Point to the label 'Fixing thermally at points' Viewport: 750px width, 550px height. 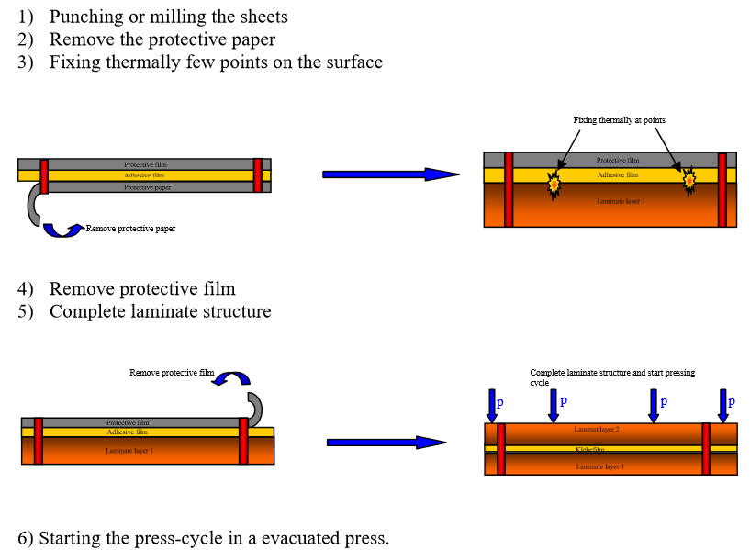pyautogui.click(x=619, y=120)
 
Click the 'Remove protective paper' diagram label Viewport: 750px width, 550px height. pyautogui.click(x=130, y=229)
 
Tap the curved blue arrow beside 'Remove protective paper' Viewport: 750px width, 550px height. pyautogui.click(x=63, y=230)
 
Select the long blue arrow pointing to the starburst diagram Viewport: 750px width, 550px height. pyautogui.click(x=390, y=174)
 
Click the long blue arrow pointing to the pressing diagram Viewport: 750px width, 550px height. pyautogui.click(x=386, y=443)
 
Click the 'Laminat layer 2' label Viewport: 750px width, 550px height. pyautogui.click(x=597, y=430)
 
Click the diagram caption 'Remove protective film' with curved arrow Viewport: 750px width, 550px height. pyautogui.click(x=171, y=373)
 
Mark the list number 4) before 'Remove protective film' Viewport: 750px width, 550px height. pyautogui.click(x=26, y=289)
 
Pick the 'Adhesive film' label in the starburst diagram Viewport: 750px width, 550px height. pyautogui.click(x=617, y=174)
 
